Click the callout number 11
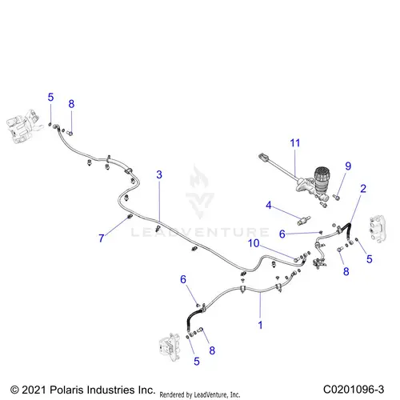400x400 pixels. click(x=295, y=143)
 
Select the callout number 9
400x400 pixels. click(x=348, y=166)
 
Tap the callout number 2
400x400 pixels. click(x=363, y=189)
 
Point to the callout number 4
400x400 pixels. click(x=269, y=205)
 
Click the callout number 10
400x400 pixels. click(x=254, y=243)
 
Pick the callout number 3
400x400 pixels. click(x=159, y=174)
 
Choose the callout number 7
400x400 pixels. click(x=102, y=238)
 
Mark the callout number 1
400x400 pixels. click(x=260, y=325)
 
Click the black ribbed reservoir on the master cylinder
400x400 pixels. click(x=322, y=178)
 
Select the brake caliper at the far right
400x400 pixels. click(x=378, y=229)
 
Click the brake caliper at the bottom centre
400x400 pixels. click(x=170, y=346)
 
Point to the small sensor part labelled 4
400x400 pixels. click(x=304, y=221)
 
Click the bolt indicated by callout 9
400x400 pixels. click(x=336, y=198)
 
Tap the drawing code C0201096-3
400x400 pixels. click(x=354, y=390)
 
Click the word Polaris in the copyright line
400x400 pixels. click(x=66, y=390)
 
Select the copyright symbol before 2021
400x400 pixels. click(x=14, y=390)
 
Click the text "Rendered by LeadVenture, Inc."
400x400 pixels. click(x=200, y=394)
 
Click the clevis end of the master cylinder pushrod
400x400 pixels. click(x=262, y=157)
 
